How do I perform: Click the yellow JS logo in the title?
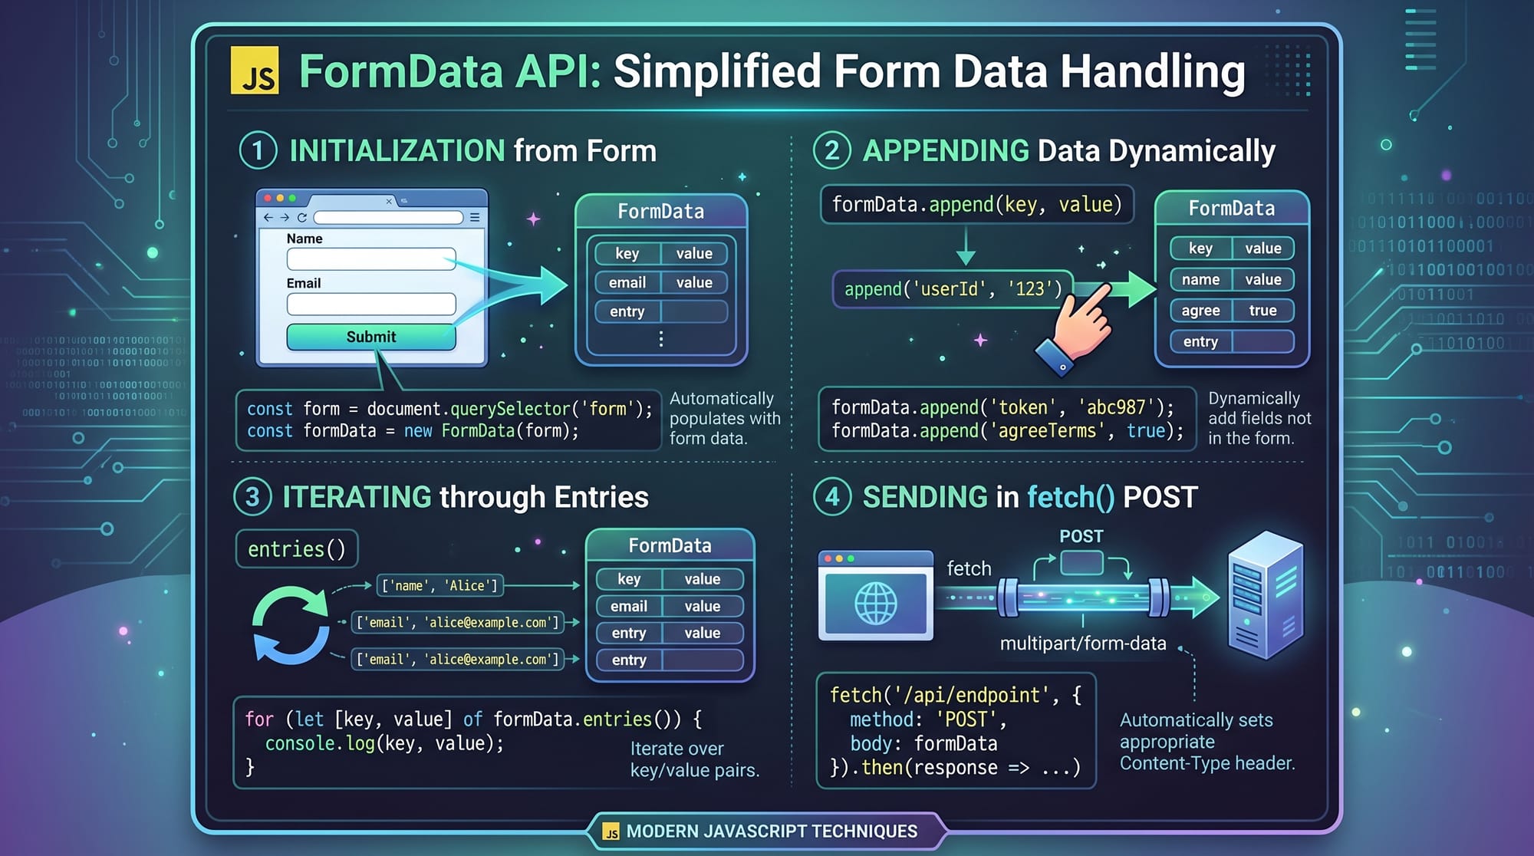[255, 71]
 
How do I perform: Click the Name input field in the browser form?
[371, 259]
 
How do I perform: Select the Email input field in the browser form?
[371, 305]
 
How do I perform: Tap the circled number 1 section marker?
[258, 150]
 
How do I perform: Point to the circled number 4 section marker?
[832, 497]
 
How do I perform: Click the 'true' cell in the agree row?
[1262, 311]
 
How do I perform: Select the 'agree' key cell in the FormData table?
[1200, 311]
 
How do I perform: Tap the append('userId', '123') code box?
[953, 289]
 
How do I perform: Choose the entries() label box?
[297, 549]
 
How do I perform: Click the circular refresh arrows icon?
[291, 624]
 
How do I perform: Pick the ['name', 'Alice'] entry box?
[440, 586]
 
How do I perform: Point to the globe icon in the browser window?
[876, 603]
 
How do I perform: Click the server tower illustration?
[1266, 594]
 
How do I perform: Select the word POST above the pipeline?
[1081, 536]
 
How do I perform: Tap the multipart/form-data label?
[1083, 644]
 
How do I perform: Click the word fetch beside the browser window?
[969, 568]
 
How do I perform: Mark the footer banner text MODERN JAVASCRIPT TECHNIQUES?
[772, 831]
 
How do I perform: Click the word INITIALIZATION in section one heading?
[397, 151]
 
